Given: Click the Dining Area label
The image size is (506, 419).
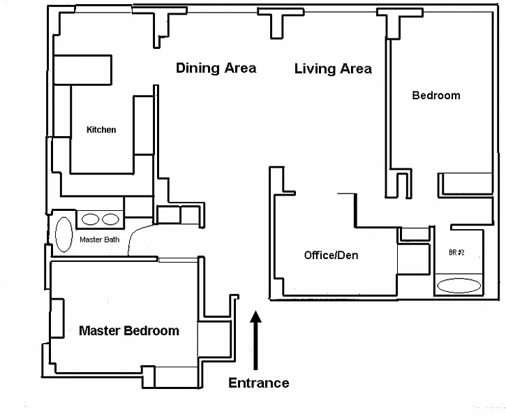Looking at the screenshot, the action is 216,68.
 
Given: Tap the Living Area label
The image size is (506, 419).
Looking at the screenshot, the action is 333,68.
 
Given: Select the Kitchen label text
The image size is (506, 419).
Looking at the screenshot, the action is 101,130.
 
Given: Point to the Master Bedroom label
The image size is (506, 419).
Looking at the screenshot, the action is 129,331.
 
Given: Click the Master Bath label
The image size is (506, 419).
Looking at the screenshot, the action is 99,240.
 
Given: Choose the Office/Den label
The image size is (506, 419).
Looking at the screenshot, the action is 331,255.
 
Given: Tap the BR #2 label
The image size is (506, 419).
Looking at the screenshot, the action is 456,252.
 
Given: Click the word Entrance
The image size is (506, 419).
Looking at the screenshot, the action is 259,383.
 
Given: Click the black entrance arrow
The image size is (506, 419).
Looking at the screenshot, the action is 255,340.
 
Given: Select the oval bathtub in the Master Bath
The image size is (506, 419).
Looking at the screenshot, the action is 64,235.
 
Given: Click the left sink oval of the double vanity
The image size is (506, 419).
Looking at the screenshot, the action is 90,219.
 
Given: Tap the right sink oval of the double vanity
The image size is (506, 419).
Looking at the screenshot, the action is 110,219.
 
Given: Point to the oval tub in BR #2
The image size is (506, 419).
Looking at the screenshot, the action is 459,286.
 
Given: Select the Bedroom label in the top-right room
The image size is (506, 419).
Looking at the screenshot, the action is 436,96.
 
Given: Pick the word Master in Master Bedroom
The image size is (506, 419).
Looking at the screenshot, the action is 100,331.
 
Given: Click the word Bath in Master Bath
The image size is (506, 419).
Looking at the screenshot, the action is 112,240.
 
